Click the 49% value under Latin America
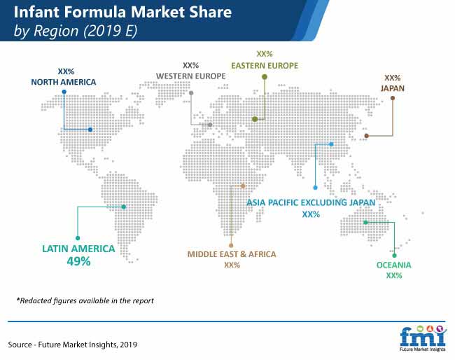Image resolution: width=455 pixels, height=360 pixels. tap(78, 261)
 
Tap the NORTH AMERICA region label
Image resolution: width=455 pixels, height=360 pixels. tap(64, 82)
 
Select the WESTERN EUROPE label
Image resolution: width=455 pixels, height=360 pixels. tap(190, 76)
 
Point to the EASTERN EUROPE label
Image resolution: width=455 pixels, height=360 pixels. tap(265, 66)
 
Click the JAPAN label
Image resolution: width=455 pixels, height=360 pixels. tap(393, 88)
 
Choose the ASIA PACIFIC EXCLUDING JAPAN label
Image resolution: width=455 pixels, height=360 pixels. tap(311, 202)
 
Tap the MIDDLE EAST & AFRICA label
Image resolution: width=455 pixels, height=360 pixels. tap(232, 254)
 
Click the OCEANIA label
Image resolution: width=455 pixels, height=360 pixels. tap(394, 265)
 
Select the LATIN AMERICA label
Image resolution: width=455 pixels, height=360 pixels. tap(78, 249)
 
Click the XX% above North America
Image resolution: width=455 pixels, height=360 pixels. tap(66, 71)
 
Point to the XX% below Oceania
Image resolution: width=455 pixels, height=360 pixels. tap(394, 275)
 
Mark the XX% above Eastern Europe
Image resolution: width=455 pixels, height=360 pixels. tap(265, 54)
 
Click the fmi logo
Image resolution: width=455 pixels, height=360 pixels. tap(422, 338)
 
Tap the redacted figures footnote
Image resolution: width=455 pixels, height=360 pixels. tap(85, 300)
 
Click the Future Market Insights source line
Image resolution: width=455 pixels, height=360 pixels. tap(73, 345)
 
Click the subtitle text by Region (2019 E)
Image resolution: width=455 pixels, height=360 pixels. tap(76, 31)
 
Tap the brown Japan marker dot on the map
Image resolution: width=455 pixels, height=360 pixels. tap(367, 136)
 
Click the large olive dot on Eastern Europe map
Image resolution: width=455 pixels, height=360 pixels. tap(255, 119)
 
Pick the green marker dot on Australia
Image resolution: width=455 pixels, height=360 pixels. tap(365, 223)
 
